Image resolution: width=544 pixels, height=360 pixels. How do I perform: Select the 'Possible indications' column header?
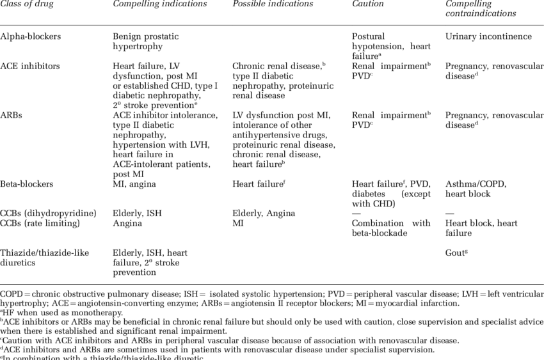(x=273, y=4)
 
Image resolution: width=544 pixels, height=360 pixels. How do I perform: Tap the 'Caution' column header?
(x=368, y=4)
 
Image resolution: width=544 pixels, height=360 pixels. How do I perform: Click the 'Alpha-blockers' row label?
(x=31, y=37)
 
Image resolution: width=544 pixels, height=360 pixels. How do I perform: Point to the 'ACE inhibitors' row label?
(x=31, y=66)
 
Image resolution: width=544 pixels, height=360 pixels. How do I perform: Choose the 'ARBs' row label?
(x=13, y=115)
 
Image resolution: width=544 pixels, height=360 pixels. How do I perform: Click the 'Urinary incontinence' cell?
(x=488, y=37)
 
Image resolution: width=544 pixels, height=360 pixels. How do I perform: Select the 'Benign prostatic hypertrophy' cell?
(x=147, y=42)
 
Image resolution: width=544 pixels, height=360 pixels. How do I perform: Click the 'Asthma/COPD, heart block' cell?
(x=476, y=189)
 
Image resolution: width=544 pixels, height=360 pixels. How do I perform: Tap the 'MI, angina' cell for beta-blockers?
(x=134, y=184)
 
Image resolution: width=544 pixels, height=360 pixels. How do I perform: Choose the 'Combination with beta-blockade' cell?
(x=391, y=228)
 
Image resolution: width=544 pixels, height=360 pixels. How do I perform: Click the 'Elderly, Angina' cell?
(x=264, y=214)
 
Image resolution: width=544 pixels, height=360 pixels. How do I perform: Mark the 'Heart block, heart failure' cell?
(x=481, y=228)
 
